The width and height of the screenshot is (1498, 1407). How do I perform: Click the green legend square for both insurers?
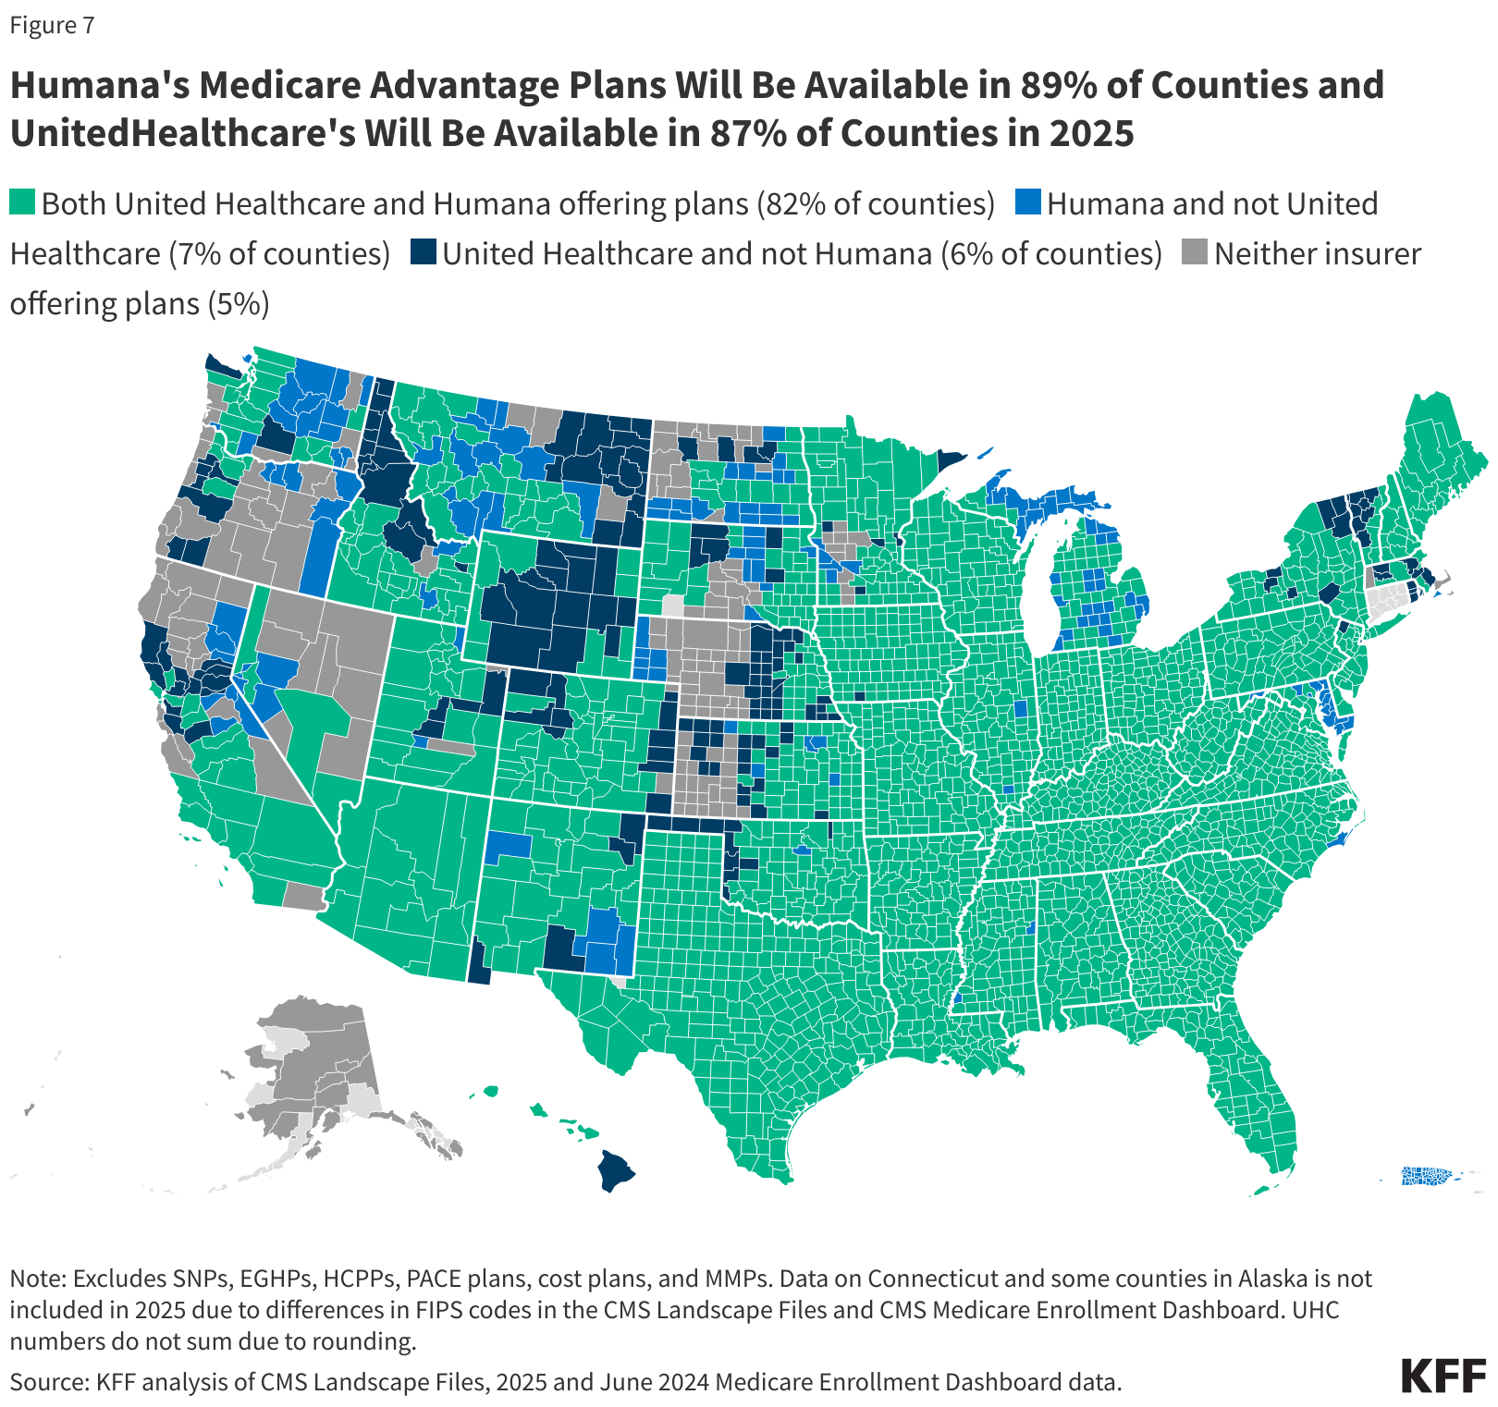(22, 202)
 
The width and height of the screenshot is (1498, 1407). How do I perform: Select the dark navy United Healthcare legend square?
(424, 252)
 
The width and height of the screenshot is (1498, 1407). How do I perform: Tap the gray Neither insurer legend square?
(1196, 252)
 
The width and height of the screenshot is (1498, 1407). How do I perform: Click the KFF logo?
(1443, 1376)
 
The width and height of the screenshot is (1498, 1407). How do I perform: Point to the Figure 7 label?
(52, 25)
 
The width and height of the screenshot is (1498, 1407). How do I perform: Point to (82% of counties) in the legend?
(876, 203)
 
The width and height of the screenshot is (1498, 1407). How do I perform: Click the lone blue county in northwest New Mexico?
(508, 845)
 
